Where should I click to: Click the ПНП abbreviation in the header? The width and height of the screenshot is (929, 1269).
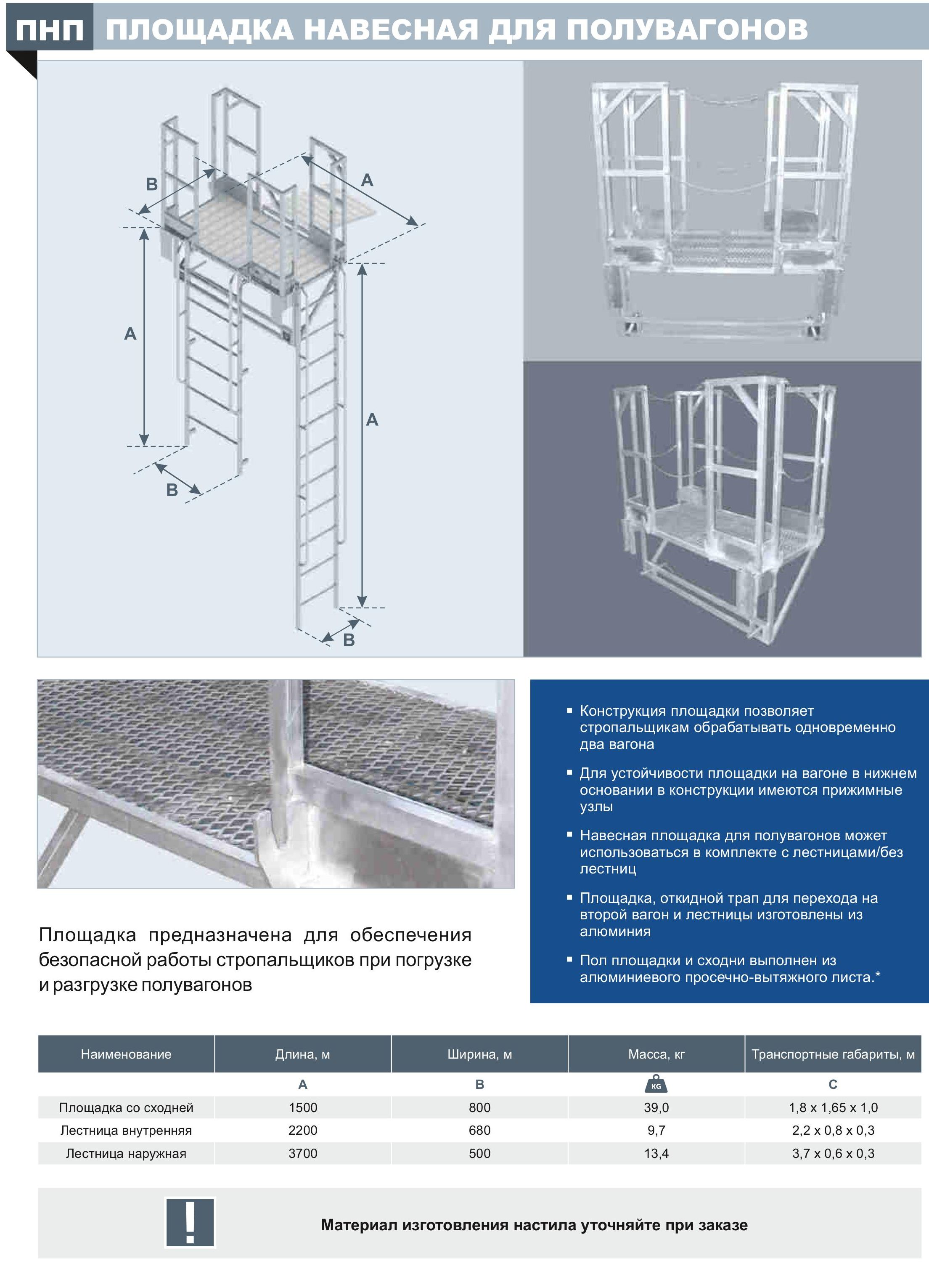point(50,29)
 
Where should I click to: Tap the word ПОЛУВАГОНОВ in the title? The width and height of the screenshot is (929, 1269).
point(687,29)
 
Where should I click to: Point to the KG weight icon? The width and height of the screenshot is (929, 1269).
point(656,1085)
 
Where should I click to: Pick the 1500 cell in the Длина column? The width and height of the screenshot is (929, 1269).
point(303,1107)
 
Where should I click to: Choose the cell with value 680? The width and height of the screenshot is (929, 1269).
point(480,1131)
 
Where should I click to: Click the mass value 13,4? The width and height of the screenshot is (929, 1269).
point(656,1154)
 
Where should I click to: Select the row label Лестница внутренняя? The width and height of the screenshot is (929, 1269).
point(126,1131)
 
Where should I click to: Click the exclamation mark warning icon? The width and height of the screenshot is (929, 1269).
point(190,1223)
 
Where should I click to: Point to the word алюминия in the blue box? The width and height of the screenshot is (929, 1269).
point(615,932)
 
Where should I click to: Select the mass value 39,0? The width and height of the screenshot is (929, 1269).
point(656,1107)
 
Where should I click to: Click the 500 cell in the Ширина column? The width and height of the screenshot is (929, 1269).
point(480,1154)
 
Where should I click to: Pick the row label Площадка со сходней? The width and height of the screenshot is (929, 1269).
point(126,1107)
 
